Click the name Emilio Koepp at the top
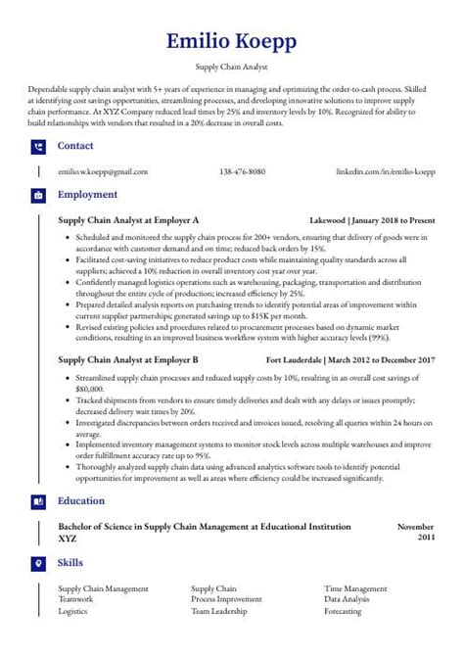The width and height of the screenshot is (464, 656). coord(231,41)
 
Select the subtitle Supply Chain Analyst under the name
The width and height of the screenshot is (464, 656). coord(232,70)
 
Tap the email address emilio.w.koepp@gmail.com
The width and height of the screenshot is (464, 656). coord(103,171)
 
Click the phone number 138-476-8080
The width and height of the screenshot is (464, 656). coord(243,171)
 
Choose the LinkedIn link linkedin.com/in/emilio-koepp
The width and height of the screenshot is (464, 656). coord(385,171)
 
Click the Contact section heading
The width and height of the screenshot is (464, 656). coord(75,147)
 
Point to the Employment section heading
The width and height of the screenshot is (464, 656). coord(87,195)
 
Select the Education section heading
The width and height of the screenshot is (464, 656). coord(82,500)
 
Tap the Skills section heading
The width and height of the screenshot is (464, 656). coord(70,563)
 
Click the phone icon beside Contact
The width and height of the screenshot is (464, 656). coord(38,147)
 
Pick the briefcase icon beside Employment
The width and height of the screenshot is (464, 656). coord(38,195)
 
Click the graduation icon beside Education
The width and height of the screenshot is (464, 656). coord(38,500)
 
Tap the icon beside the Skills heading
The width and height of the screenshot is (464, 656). coord(38,563)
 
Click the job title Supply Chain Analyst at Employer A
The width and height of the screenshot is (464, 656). coord(128,220)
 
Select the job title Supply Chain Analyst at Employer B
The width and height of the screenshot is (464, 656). coord(128,360)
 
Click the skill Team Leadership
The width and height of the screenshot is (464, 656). coord(220,610)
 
